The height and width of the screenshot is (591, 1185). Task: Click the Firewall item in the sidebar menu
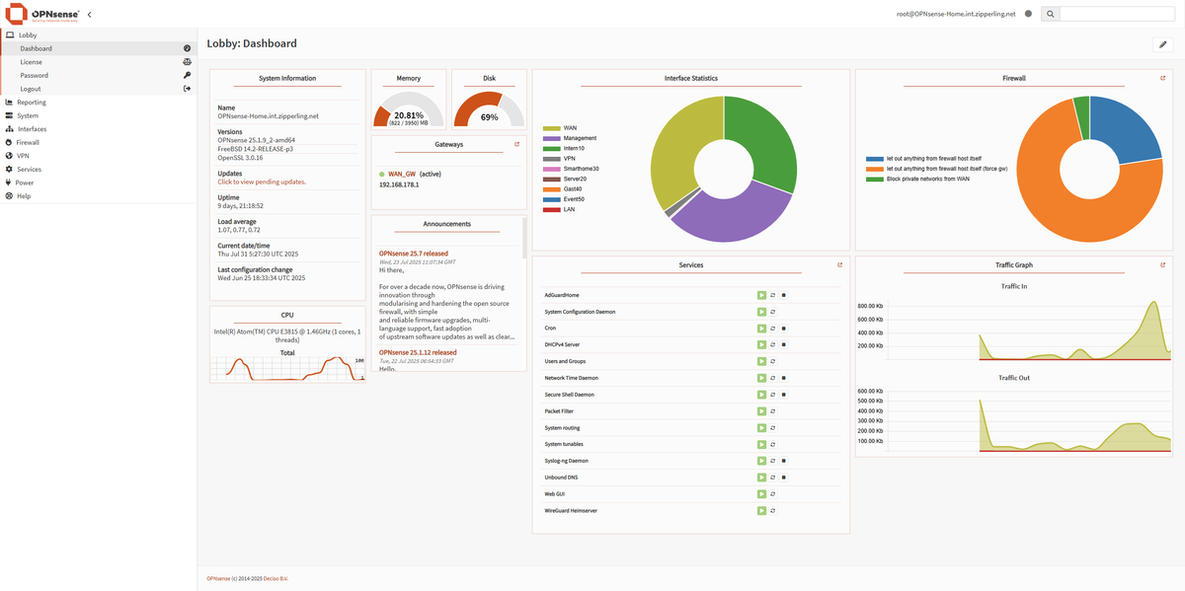28,142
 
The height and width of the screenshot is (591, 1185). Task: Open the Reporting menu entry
31,102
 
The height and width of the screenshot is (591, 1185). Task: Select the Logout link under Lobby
31,89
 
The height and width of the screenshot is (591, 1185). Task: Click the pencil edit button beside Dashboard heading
1162,44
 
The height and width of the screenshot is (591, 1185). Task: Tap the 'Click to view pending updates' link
262,182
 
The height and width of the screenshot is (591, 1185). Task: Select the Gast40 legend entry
575,187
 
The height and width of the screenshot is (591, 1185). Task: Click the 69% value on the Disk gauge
489,117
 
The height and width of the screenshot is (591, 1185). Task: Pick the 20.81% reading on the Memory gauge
409,115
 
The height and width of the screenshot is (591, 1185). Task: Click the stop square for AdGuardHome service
783,295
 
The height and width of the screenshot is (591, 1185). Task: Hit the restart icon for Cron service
772,328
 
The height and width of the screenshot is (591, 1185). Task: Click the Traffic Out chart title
1014,378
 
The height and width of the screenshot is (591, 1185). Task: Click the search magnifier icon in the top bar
1050,14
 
